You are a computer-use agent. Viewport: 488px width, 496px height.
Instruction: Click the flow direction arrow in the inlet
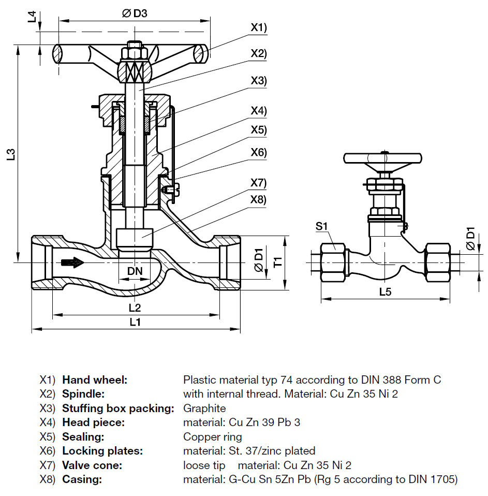click(71, 262)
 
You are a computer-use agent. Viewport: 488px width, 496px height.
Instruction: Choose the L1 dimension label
click(135, 322)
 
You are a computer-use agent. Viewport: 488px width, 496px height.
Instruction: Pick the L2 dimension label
click(135, 307)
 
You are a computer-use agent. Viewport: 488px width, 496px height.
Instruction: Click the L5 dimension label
click(385, 292)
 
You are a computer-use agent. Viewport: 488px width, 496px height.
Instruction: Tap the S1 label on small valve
click(322, 226)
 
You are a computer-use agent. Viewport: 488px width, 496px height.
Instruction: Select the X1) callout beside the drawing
click(259, 28)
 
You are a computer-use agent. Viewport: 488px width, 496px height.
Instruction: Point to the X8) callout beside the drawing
click(259, 199)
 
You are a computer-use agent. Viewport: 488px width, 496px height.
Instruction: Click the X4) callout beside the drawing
click(259, 111)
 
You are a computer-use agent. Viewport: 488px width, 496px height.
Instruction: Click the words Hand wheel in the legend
click(95, 380)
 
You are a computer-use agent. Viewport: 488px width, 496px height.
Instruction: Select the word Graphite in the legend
click(204, 408)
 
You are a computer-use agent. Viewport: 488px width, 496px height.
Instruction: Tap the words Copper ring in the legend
click(212, 436)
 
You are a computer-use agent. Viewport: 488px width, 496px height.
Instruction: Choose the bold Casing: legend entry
click(82, 479)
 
